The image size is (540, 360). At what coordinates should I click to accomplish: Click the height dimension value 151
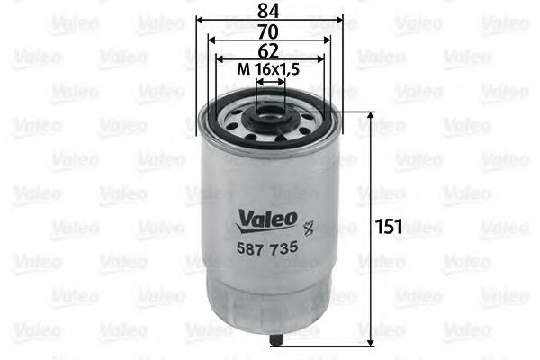388,226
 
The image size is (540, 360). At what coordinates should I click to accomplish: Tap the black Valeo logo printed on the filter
265,218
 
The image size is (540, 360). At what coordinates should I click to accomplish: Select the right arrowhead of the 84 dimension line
340,20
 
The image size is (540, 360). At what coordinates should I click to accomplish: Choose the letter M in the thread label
242,70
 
